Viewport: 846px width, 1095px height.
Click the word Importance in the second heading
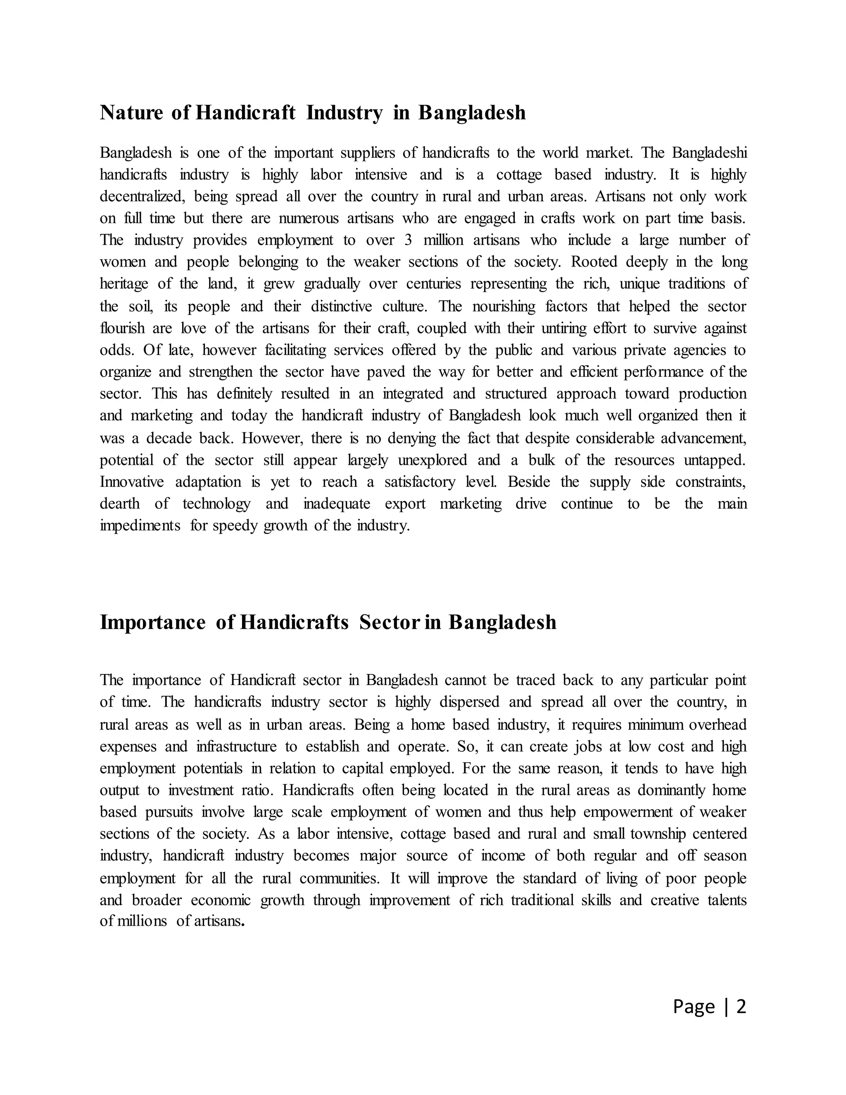(x=152, y=622)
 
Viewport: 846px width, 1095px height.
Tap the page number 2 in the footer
(x=741, y=1006)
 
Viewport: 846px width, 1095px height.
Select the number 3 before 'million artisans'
(x=408, y=240)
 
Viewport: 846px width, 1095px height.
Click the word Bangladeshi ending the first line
(x=709, y=152)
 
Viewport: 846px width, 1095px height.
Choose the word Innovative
(x=132, y=482)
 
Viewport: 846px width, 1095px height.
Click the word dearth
(x=119, y=503)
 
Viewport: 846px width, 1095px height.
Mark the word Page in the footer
(x=694, y=1006)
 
